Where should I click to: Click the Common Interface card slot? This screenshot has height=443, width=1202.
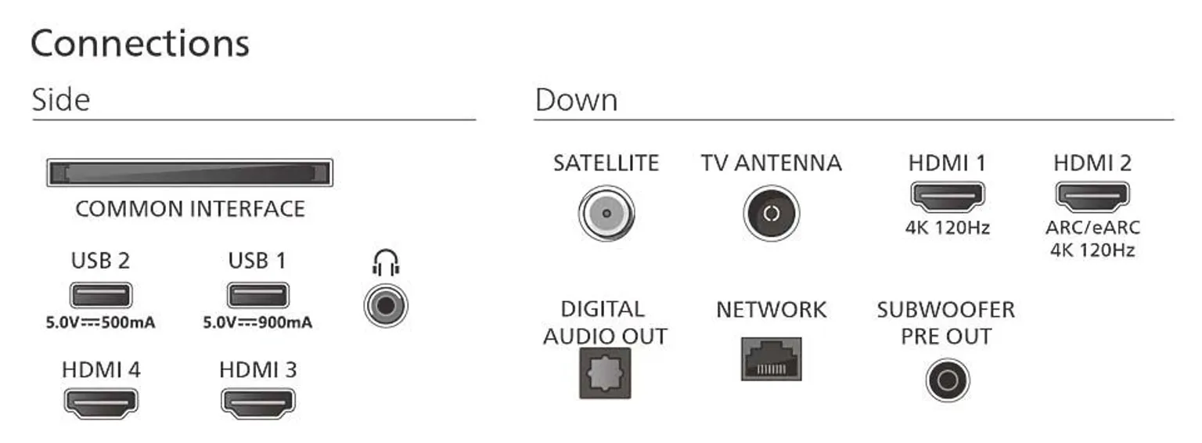click(190, 173)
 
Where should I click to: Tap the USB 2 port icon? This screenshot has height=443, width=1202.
click(101, 295)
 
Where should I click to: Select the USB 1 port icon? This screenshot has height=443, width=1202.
click(258, 295)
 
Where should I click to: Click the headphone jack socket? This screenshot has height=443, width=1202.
click(386, 306)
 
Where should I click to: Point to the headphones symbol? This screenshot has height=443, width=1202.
click(386, 262)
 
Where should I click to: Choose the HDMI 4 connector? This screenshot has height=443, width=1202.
click(101, 403)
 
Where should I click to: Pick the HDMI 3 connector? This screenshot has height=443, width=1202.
click(258, 403)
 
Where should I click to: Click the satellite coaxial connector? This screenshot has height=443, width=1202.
click(606, 213)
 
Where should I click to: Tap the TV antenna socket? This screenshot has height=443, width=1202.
click(771, 213)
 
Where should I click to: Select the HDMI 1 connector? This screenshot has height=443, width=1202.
click(948, 196)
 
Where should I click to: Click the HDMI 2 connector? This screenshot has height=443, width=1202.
click(1092, 196)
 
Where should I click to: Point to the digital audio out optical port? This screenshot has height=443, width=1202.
click(605, 373)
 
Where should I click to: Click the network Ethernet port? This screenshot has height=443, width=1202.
click(771, 359)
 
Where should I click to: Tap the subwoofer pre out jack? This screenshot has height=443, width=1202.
click(947, 380)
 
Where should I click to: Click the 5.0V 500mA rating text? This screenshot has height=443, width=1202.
click(100, 322)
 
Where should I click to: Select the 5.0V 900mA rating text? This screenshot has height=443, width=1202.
click(257, 322)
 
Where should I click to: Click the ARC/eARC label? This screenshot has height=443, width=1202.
click(1092, 228)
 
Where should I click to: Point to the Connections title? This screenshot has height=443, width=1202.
click(140, 44)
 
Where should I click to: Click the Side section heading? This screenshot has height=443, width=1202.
click(60, 100)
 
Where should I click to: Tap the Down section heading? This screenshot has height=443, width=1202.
click(576, 100)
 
